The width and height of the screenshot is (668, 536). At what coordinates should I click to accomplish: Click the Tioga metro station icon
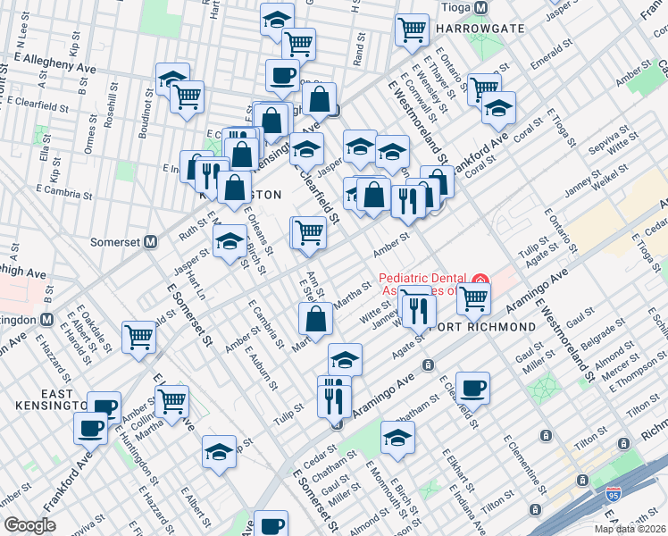pyautogui.click(x=481, y=8)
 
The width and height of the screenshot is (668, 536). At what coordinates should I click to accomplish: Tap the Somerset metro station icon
pyautogui.click(x=151, y=242)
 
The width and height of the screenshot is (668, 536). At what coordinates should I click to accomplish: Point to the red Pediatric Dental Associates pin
pyautogui.click(x=481, y=281)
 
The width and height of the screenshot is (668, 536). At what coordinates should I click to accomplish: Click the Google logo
pyautogui.click(x=29, y=525)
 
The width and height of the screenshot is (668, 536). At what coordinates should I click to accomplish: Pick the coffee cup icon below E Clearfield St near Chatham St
pyautogui.click(x=472, y=387)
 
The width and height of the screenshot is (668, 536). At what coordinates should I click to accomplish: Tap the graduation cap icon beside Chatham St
pyautogui.click(x=398, y=437)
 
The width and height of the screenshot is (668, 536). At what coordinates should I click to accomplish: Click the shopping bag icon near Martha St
pyautogui.click(x=317, y=318)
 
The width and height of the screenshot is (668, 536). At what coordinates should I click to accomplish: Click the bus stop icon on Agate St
pyautogui.click(x=429, y=364)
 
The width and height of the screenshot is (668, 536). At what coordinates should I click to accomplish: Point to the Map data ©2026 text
pyautogui.click(x=630, y=529)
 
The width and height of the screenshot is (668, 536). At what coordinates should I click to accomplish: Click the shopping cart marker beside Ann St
pyautogui.click(x=309, y=232)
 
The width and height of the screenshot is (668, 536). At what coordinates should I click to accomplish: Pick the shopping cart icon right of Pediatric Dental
pyautogui.click(x=472, y=298)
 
